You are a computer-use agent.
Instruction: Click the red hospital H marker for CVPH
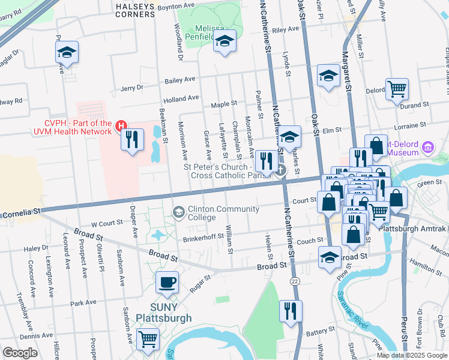coord(121,125)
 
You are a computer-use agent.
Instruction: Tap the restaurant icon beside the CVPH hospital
coord(132,140)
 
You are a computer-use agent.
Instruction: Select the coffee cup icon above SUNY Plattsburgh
coord(167,281)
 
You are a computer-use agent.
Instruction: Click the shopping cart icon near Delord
coord(397,89)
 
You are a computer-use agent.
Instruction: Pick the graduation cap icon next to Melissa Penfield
coord(224,41)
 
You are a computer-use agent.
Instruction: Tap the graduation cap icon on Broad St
coord(328,257)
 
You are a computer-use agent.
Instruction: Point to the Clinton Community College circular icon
coord(178,212)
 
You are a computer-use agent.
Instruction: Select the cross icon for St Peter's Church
coord(280,170)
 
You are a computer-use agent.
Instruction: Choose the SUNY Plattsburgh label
coord(155,313)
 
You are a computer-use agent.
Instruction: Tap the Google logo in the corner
coord(20,353)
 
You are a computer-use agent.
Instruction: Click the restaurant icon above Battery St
coord(291,311)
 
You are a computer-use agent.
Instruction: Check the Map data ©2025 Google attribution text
coord(411,355)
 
